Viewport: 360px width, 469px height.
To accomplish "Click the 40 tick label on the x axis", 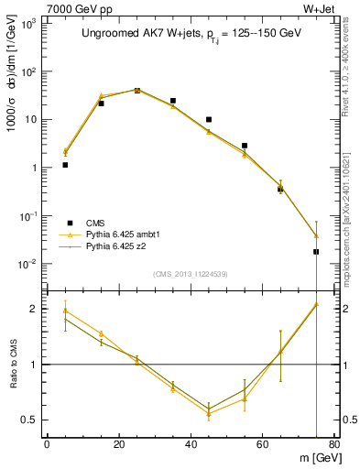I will pos(191,444).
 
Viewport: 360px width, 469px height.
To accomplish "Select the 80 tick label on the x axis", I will pos(334,444).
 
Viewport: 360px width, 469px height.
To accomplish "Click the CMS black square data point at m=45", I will pos(209,119).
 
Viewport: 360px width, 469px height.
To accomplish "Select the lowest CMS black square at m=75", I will pos(316,251).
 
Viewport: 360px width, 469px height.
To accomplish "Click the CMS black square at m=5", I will pos(65,165).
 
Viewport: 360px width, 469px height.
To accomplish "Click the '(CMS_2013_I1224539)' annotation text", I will pos(191,274).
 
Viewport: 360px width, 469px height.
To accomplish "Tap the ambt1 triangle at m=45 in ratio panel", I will pos(209,414).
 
